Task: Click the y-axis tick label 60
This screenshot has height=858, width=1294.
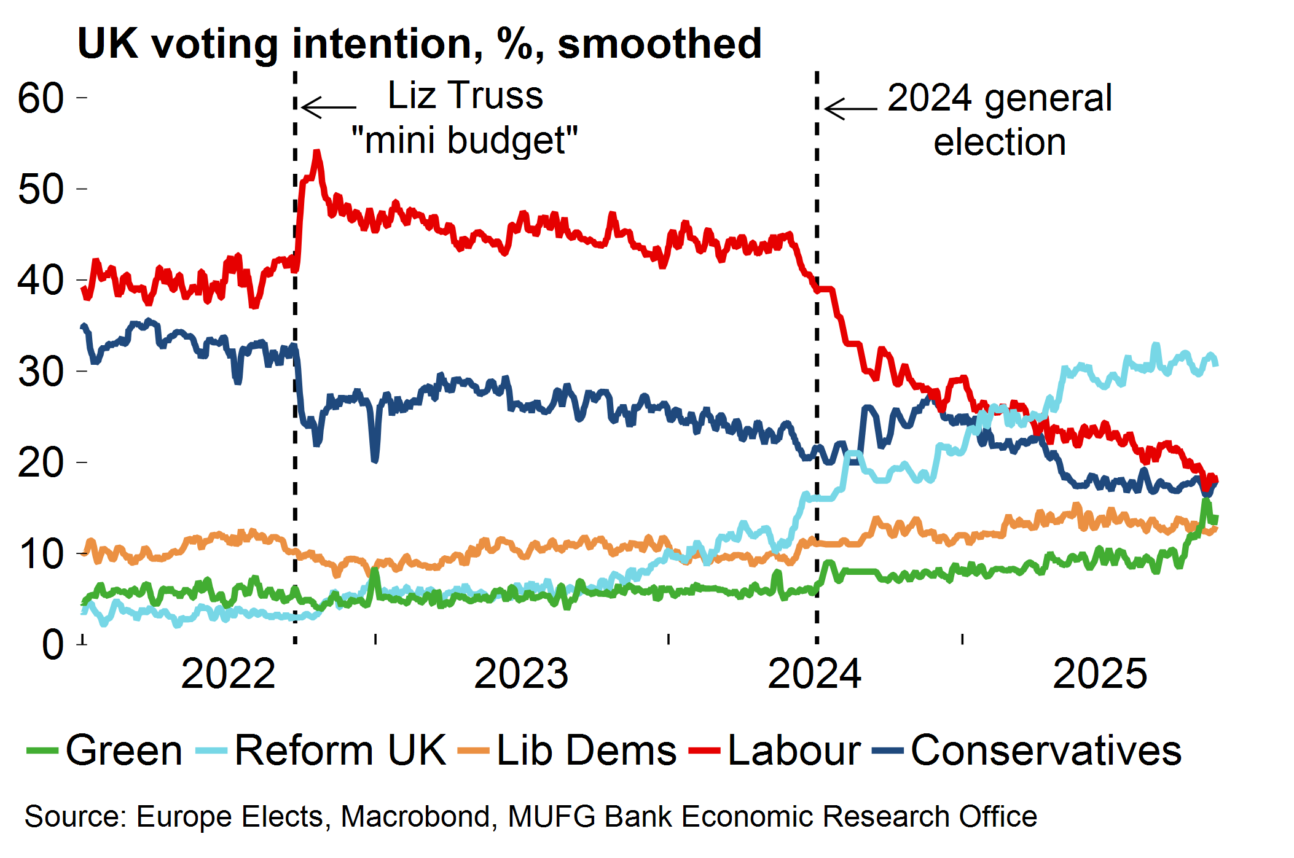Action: pos(41,98)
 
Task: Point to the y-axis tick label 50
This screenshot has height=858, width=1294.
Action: pos(41,189)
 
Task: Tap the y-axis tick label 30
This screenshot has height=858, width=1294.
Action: pos(41,372)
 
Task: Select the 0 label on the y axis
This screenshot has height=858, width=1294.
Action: pos(53,645)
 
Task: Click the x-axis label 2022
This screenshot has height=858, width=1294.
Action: pos(228,674)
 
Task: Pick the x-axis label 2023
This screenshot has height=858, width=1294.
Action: pos(521,674)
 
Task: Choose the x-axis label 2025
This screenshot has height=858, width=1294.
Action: pos(1100,674)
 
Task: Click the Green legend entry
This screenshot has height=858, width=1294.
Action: pos(124,750)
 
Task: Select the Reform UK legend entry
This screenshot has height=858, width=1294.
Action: pos(340,750)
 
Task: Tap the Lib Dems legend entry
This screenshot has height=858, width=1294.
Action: pos(586,750)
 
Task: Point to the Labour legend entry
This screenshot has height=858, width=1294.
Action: pos(794,750)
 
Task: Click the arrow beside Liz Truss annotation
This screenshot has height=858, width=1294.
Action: pos(329,107)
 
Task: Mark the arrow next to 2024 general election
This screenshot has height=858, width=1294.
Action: pos(851,109)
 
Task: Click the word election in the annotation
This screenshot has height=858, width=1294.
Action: pos(1000,142)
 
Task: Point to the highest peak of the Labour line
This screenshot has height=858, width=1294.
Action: pos(317,152)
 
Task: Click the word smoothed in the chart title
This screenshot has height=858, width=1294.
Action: pos(659,44)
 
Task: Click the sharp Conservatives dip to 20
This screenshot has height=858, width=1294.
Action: pos(375,458)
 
